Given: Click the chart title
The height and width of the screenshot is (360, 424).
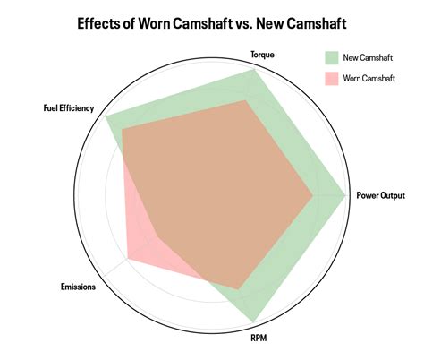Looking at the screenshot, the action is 212,23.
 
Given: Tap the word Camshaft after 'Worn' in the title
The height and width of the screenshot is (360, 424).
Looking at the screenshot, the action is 201,23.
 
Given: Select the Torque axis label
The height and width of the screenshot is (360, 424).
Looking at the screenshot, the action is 262,55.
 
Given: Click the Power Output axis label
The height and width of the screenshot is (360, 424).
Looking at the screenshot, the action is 381,195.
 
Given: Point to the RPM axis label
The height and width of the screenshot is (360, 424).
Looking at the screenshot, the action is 259,339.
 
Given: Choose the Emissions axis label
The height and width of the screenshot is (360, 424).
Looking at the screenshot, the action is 78,287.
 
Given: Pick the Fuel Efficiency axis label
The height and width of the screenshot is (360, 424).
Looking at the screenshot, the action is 69,107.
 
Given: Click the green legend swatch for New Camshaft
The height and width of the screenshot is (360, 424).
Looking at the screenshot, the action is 332,58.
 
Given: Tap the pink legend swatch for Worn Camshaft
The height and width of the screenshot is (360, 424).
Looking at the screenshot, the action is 332,79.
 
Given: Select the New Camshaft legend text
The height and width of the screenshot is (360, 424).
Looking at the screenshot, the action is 368,57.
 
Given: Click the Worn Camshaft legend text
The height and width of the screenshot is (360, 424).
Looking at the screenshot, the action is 369,79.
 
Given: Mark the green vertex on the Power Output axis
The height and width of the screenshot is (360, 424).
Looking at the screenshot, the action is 345,195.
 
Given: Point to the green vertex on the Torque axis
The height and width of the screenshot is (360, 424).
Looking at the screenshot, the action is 254,70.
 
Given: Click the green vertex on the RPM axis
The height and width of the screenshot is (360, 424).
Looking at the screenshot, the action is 254,322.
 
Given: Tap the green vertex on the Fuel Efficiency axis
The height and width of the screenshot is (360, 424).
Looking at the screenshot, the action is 106,116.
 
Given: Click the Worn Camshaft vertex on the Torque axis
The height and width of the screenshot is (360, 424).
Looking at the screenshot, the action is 246,100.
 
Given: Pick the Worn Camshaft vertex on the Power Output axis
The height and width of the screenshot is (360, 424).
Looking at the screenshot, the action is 312,196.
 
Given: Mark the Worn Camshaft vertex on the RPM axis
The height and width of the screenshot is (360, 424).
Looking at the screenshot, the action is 238,289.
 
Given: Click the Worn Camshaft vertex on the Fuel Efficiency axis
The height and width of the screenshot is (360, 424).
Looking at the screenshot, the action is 123,129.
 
